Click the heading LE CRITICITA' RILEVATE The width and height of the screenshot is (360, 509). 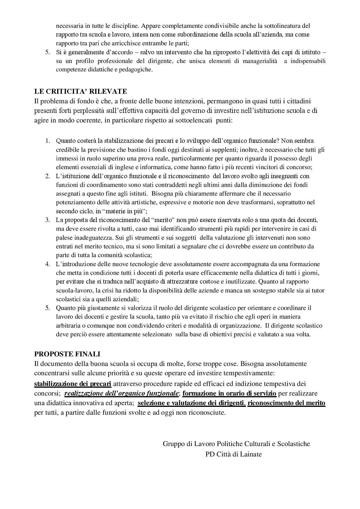(80, 91)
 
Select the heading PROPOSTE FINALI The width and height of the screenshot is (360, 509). (67, 354)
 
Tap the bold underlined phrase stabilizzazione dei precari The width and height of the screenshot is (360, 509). (73, 384)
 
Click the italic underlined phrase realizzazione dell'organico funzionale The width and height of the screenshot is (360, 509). (121, 394)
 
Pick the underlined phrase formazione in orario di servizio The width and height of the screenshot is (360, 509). (229, 394)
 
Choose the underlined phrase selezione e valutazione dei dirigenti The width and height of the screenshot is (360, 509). (192, 403)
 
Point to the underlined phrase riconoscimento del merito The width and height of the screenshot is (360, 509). (286, 403)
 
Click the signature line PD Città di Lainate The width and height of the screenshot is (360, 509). (233, 454)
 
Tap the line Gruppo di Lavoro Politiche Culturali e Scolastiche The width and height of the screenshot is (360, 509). (236, 444)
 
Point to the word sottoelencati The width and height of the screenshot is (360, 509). (194, 120)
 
